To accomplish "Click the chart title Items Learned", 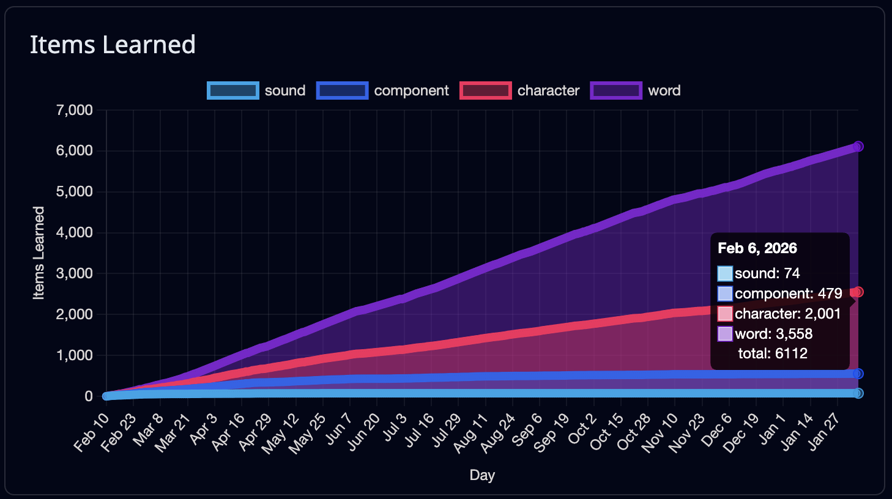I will point(113,45).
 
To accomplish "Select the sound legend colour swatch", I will point(232,91).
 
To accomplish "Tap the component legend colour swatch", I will point(342,91).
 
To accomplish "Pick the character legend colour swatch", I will point(485,91).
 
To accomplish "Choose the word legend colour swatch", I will point(616,91).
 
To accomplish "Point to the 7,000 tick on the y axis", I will point(74,110).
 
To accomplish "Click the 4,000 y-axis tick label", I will point(74,232).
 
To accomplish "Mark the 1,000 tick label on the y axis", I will point(74,355).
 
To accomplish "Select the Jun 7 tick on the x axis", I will point(338,428).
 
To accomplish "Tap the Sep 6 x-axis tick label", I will point(527,428).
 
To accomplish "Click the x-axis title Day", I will point(482,475).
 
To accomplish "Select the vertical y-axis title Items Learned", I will point(39,253).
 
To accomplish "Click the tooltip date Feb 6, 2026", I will point(757,248).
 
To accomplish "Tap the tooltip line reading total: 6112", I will point(773,353).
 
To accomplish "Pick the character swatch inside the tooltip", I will point(725,314).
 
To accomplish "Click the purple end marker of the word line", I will point(858,147).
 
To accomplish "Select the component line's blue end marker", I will point(858,374).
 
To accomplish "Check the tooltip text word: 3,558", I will point(773,334).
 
